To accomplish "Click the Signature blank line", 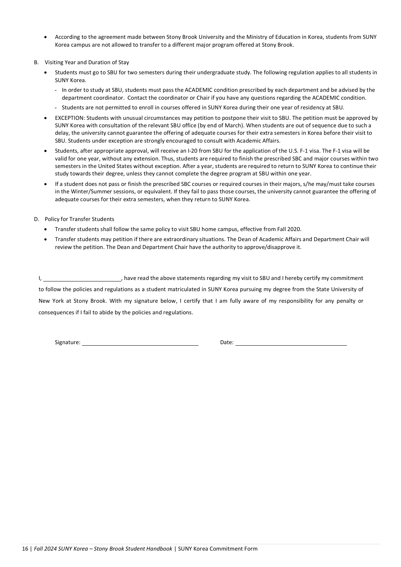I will point(140,343).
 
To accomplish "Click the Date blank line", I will point(291,343).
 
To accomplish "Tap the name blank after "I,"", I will point(82,278).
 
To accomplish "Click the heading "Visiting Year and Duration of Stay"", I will point(87,62).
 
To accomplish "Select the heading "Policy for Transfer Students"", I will point(79,219).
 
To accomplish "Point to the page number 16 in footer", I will point(25,549).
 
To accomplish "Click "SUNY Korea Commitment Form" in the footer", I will point(218,549).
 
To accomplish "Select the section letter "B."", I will point(36,62).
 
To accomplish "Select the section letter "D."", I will point(36,219).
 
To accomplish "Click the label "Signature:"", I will point(68,342).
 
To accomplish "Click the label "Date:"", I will point(227,342).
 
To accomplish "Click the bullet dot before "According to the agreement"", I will point(46,37).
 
